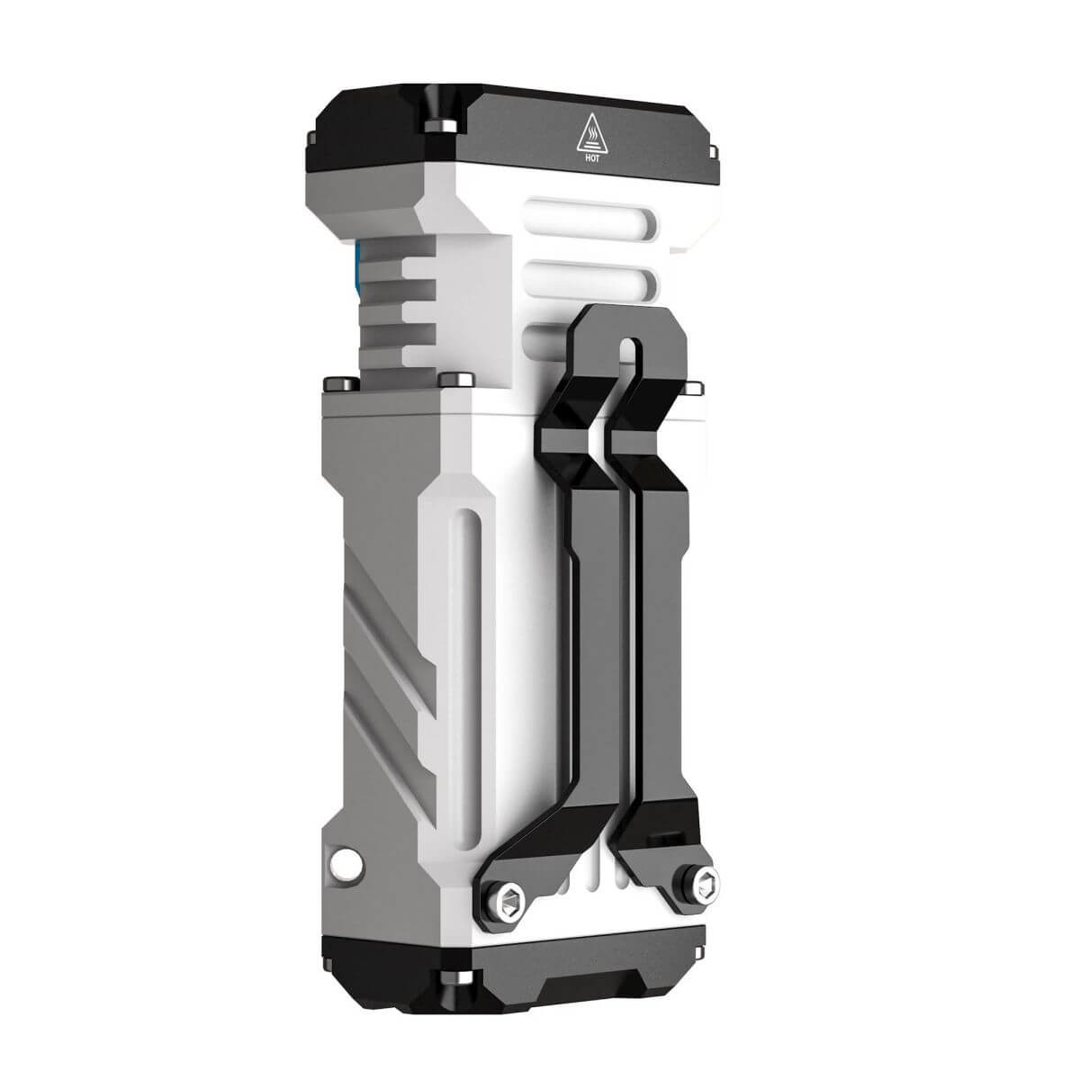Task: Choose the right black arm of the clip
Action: (x=655, y=630)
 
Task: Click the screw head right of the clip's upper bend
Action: (x=694, y=388)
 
